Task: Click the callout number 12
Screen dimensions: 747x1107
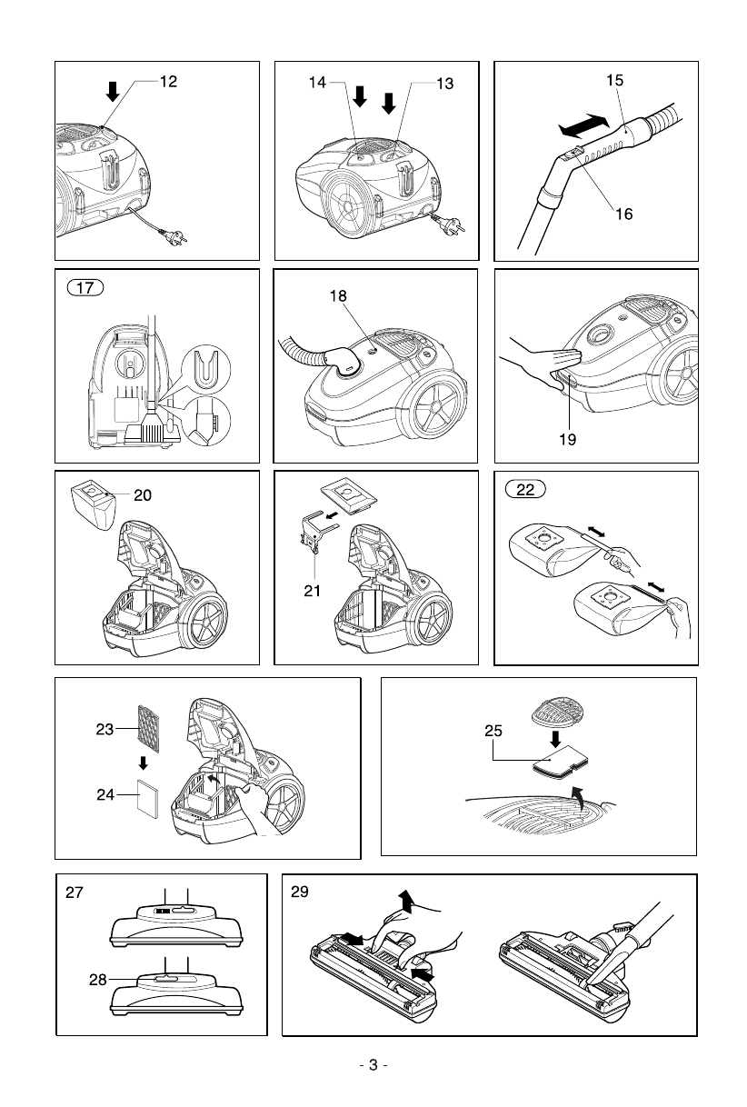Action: [168, 82]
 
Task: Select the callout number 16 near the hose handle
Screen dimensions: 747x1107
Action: [622, 215]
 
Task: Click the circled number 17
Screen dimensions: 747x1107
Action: [85, 289]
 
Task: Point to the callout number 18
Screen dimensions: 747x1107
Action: [339, 296]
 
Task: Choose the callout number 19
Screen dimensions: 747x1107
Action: [568, 438]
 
